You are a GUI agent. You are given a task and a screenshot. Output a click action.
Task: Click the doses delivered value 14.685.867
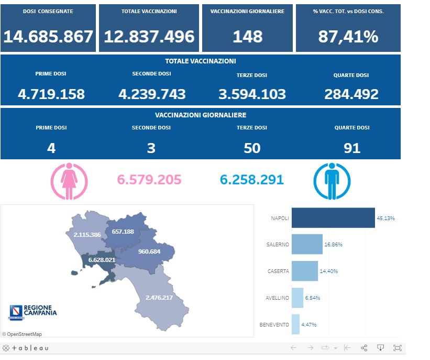click(48, 37)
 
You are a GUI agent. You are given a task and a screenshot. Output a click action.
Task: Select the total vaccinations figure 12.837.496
click(149, 37)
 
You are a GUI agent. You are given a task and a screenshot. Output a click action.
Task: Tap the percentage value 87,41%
click(348, 37)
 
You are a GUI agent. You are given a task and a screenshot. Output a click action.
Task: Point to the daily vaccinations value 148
click(248, 37)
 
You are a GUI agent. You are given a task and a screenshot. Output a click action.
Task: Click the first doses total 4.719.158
click(51, 94)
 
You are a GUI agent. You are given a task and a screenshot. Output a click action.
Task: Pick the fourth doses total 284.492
click(351, 94)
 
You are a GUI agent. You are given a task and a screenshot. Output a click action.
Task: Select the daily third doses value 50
click(252, 148)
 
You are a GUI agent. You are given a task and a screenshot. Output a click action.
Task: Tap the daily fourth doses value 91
click(352, 148)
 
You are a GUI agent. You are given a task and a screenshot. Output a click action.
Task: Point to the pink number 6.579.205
click(149, 180)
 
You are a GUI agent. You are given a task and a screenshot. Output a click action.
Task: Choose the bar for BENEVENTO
click(295, 324)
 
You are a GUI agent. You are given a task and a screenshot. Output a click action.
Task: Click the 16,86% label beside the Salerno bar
click(333, 244)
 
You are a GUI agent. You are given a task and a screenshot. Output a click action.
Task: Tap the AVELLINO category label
click(277, 298)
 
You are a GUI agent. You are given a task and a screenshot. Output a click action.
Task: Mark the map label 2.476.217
click(159, 298)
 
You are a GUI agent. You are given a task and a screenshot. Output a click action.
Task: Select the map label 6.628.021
click(102, 259)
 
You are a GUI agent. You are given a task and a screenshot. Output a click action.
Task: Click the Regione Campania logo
click(32, 312)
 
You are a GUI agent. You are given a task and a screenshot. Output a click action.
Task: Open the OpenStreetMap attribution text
click(22, 334)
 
